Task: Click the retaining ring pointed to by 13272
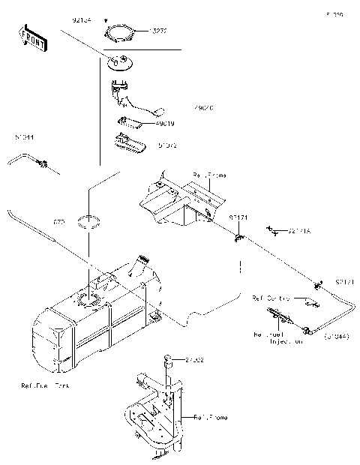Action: (121, 33)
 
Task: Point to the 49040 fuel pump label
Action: (203, 108)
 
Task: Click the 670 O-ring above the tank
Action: (89, 220)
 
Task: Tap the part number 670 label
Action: (58, 223)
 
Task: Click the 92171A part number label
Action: (299, 232)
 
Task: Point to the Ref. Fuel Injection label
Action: (278, 337)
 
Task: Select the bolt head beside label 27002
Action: (169, 361)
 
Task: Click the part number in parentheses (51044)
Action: (337, 337)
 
